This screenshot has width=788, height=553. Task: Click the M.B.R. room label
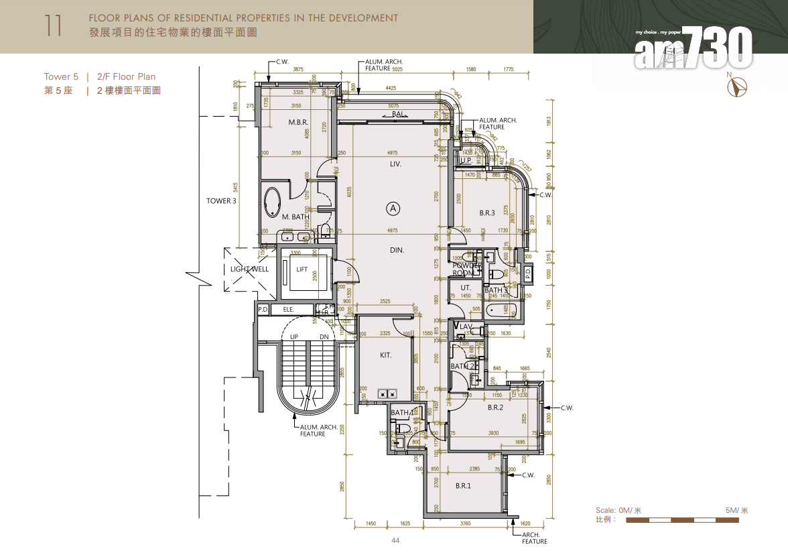click(298, 123)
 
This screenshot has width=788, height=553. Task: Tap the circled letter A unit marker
click(393, 208)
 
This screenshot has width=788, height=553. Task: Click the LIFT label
click(302, 269)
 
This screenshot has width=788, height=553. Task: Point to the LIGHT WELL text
click(249, 269)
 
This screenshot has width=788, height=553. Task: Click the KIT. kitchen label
click(385, 355)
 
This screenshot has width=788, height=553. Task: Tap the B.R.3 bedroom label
click(487, 213)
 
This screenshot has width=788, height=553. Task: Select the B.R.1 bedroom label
click(463, 485)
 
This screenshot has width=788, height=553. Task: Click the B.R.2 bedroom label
click(495, 408)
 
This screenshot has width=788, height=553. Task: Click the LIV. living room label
click(396, 164)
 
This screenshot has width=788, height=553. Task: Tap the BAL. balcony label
click(400, 115)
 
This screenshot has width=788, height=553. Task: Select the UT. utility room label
click(466, 288)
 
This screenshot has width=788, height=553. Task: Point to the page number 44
click(395, 540)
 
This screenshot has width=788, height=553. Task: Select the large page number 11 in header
click(54, 26)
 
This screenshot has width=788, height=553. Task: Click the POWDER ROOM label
click(468, 269)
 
